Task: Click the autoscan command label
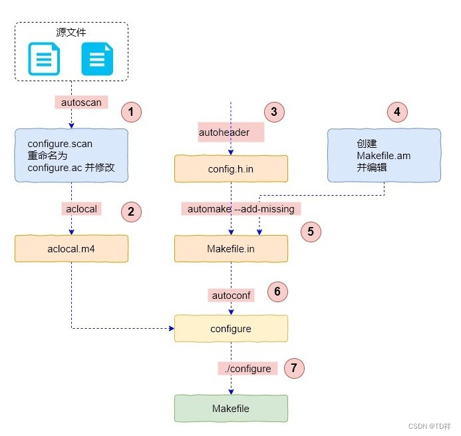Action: click(x=80, y=103)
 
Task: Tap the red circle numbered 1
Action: click(x=131, y=112)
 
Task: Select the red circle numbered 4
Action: click(x=397, y=112)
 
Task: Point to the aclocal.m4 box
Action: click(x=71, y=248)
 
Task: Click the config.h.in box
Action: click(x=231, y=169)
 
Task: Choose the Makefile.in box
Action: click(x=231, y=248)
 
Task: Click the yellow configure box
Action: click(x=231, y=329)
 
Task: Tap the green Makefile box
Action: click(x=231, y=408)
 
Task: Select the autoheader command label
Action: click(x=224, y=132)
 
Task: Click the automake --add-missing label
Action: click(x=241, y=209)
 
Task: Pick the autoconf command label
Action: click(x=231, y=294)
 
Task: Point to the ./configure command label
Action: click(x=247, y=368)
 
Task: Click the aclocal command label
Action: click(x=81, y=209)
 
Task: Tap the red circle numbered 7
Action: click(x=293, y=367)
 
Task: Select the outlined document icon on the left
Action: click(x=44, y=59)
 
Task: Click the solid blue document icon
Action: click(x=97, y=59)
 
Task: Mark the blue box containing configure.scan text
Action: click(x=71, y=156)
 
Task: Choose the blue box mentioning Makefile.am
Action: click(x=384, y=156)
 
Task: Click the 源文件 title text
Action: click(x=71, y=32)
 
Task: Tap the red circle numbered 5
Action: click(x=311, y=232)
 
